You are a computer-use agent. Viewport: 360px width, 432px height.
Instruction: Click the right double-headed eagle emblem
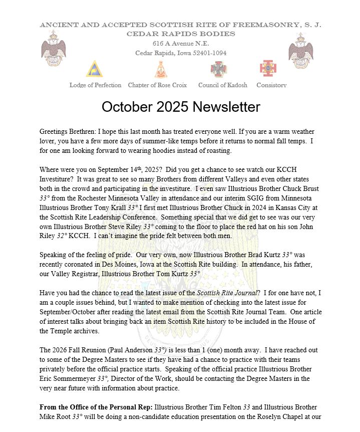(x=301, y=51)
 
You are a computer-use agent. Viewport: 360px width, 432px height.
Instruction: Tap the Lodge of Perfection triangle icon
(x=94, y=69)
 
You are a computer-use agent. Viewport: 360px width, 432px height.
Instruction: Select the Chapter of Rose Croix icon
(x=160, y=69)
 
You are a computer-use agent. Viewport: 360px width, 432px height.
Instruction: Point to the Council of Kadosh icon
(x=219, y=69)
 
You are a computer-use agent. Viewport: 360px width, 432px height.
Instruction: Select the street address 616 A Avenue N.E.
(x=181, y=44)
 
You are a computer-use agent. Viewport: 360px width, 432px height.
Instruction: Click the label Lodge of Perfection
(x=95, y=85)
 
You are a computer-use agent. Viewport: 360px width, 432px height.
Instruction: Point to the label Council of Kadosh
(x=222, y=85)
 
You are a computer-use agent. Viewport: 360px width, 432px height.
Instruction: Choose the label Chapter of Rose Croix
(x=157, y=85)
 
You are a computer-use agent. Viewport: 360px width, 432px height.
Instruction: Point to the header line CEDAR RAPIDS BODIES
(x=180, y=34)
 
